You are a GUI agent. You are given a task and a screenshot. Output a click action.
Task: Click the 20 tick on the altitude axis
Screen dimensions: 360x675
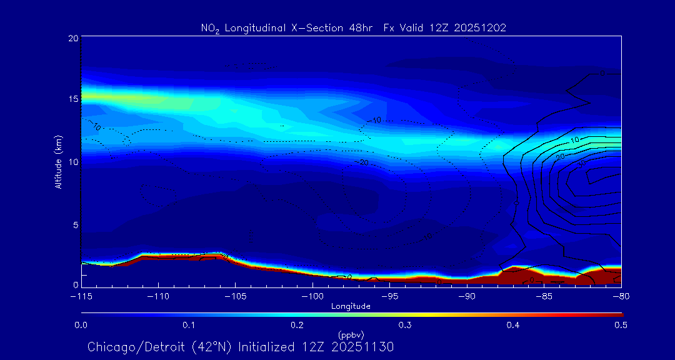[x=72, y=39]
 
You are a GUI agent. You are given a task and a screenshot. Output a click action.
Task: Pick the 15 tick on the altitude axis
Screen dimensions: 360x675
[x=72, y=99]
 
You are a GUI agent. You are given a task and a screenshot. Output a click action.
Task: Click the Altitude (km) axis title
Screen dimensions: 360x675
[x=59, y=161]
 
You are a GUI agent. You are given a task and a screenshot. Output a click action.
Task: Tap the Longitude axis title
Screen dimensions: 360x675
[x=351, y=306]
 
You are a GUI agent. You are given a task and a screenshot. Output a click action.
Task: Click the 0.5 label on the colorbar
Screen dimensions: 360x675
[x=621, y=325]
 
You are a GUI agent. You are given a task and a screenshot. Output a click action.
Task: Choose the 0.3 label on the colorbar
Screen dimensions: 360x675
[x=405, y=325]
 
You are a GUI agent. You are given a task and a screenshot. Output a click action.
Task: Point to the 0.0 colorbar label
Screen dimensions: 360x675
[x=81, y=325]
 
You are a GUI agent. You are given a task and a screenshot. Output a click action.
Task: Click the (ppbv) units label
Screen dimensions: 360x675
[x=351, y=334]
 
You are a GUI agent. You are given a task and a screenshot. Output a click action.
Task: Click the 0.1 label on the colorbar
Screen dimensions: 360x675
[x=189, y=325]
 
